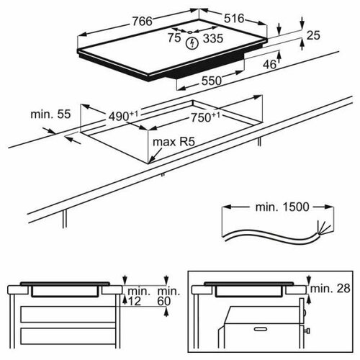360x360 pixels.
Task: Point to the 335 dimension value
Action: pyautogui.click(x=212, y=41)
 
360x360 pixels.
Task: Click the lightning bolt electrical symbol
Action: pyautogui.click(x=192, y=43)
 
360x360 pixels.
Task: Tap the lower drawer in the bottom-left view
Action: pyautogui.click(x=68, y=336)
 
